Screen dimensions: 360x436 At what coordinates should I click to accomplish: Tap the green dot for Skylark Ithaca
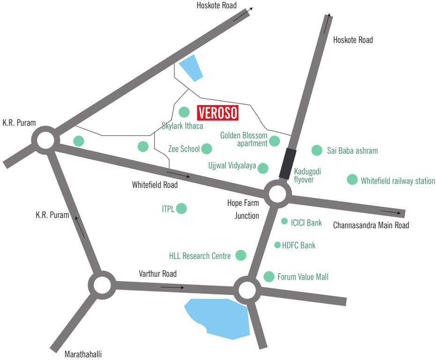pyautogui.click(x=184, y=112)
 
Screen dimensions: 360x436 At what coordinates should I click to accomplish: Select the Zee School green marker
pyautogui.click(x=207, y=149)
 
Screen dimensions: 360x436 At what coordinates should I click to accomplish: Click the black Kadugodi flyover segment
pyautogui.click(x=288, y=163)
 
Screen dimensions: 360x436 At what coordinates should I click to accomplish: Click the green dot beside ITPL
pyautogui.click(x=181, y=209)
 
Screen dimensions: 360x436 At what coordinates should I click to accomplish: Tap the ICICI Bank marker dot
pyautogui.click(x=284, y=221)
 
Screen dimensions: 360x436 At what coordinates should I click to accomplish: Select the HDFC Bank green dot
pyautogui.click(x=277, y=245)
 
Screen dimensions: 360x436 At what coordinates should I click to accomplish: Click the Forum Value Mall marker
pyautogui.click(x=269, y=277)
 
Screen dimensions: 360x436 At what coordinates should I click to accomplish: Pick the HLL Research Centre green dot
pyautogui.click(x=241, y=255)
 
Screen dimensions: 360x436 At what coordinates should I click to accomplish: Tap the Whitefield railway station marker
pyautogui.click(x=352, y=180)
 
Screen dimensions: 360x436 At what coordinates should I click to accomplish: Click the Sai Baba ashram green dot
pyautogui.click(x=317, y=150)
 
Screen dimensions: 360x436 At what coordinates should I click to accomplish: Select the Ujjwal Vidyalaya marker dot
pyautogui.click(x=263, y=168)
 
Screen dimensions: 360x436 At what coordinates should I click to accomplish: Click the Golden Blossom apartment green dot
pyautogui.click(x=274, y=141)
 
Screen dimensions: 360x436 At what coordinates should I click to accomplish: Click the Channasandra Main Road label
pyautogui.click(x=371, y=225)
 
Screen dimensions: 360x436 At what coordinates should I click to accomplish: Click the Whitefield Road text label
pyautogui.click(x=155, y=185)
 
